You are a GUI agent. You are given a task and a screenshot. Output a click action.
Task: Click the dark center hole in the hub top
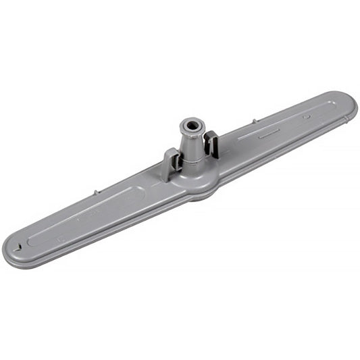pos(191,126)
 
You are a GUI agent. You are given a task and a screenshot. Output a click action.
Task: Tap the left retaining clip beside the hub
pos(171,163)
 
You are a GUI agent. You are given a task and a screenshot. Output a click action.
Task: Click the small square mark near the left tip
pos(61,238)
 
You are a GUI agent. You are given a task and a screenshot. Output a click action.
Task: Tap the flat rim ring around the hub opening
pos(191,122)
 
